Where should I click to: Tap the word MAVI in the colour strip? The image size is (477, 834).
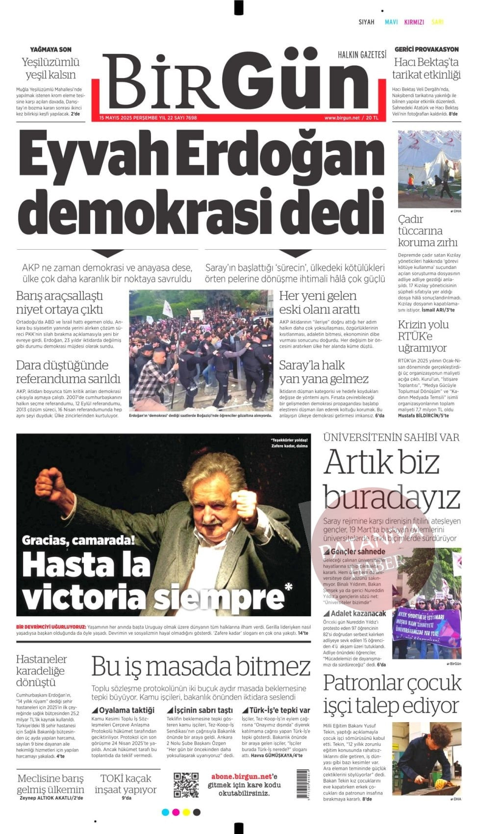[391, 22]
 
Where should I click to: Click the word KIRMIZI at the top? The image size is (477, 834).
[414, 22]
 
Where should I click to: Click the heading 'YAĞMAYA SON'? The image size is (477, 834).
[50, 49]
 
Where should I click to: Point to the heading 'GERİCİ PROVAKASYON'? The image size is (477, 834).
[427, 49]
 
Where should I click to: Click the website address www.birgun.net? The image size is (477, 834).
[342, 118]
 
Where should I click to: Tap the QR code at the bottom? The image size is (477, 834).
[186, 785]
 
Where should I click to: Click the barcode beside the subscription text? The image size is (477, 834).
[302, 784]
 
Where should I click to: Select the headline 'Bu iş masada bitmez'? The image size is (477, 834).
[201, 667]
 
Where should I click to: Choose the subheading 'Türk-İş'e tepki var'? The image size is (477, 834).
[276, 710]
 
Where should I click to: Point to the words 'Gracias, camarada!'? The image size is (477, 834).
[78, 541]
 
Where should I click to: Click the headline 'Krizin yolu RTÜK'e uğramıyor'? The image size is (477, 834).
[423, 336]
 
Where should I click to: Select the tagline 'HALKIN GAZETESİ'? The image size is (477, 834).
[362, 54]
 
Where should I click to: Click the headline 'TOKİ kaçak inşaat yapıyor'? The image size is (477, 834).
[126, 783]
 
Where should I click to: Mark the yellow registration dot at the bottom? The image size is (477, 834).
[186, 812]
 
